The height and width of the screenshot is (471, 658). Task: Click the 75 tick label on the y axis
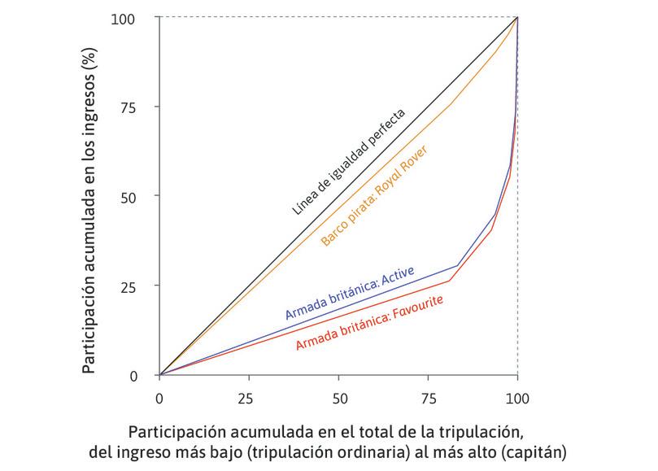click(x=141, y=107)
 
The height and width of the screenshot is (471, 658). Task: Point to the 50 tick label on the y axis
click(x=141, y=197)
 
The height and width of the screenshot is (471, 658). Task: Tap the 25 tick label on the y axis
click(x=141, y=286)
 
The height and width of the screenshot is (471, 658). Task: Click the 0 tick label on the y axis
click(x=145, y=376)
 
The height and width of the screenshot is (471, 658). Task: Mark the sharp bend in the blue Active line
click(x=458, y=265)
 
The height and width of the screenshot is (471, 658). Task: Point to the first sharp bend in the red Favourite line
click(x=450, y=281)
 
